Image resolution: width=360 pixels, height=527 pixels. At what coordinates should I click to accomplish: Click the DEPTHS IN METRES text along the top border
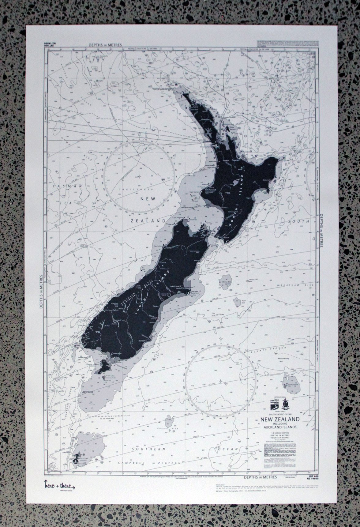coord(105,45)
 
